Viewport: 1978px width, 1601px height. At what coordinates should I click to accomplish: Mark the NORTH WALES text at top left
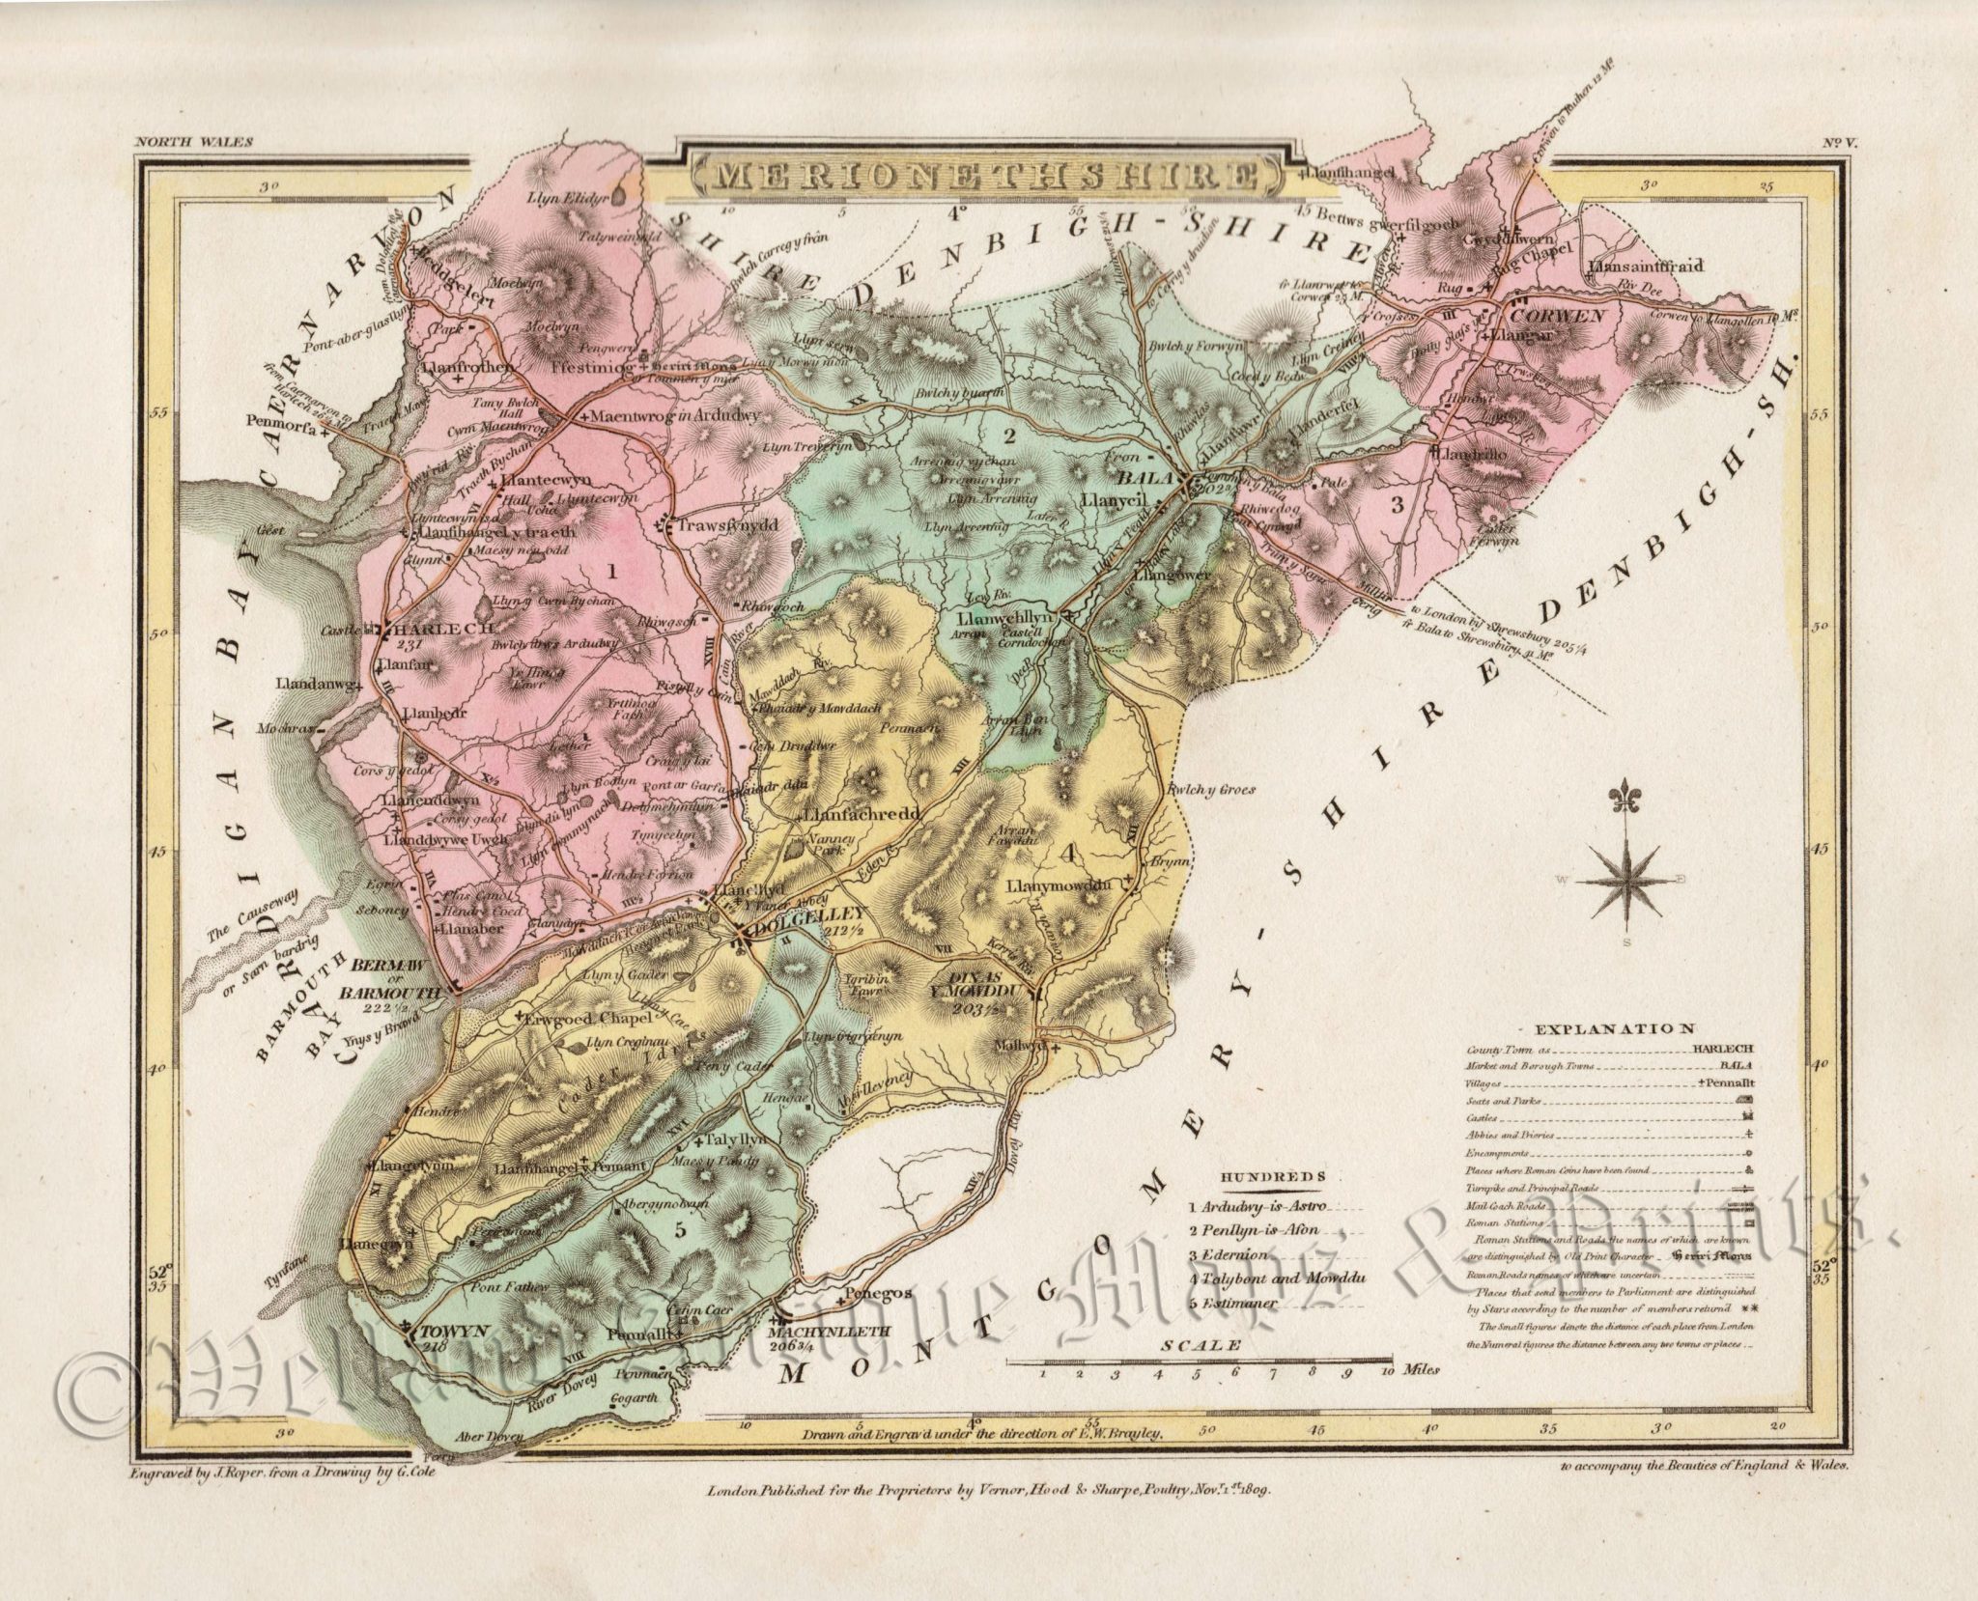[194, 141]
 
